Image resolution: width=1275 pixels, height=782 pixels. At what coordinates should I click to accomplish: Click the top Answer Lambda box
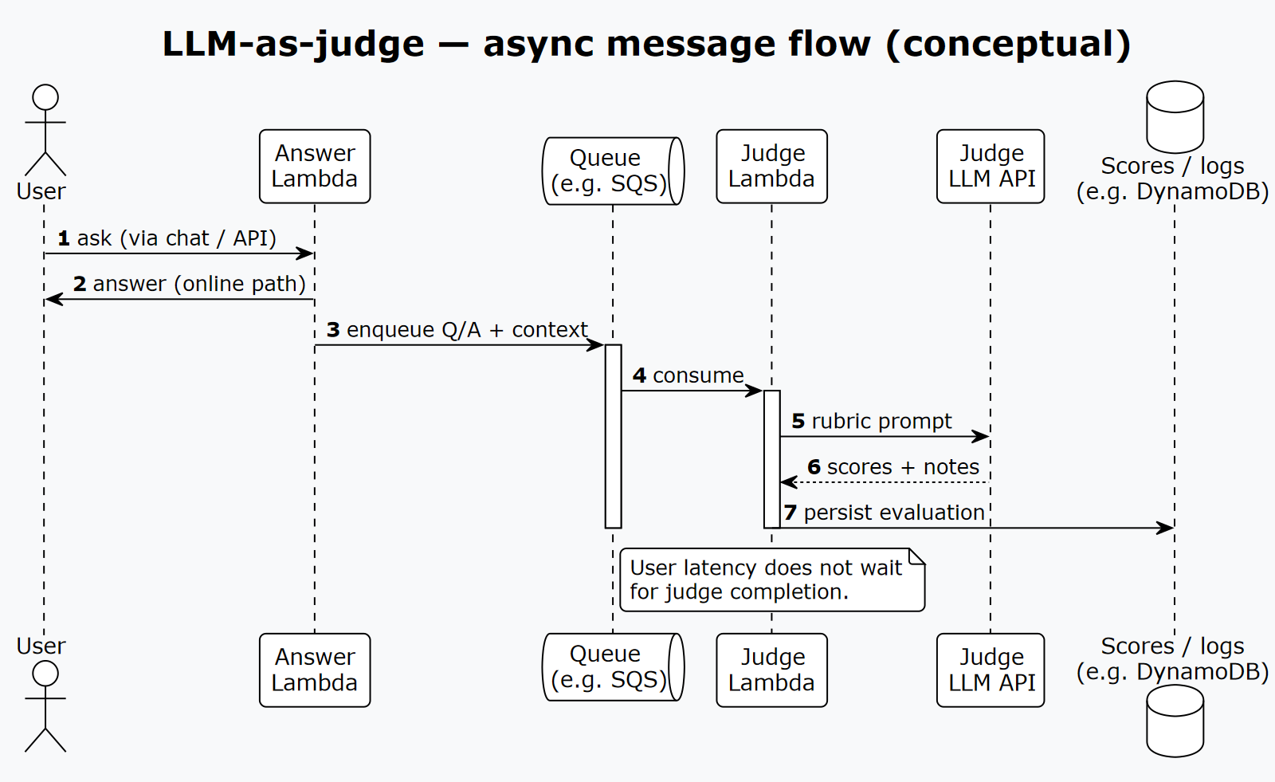pos(315,167)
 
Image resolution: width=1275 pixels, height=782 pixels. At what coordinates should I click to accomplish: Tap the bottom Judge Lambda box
pos(771,670)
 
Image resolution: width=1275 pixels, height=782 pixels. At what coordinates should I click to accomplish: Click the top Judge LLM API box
pos(991,167)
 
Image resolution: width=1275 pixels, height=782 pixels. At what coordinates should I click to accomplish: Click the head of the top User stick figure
pos(45,97)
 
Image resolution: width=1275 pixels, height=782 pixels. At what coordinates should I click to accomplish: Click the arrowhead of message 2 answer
pos(53,299)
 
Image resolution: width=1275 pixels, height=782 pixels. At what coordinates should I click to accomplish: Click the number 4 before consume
pos(639,375)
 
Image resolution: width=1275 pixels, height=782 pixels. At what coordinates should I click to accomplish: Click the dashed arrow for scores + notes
pos(885,482)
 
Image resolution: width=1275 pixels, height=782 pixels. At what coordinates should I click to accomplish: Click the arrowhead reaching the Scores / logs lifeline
pos(1166,528)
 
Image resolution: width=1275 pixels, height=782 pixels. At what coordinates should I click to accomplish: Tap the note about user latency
pos(771,580)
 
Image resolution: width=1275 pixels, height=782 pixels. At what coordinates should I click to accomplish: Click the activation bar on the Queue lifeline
pos(613,436)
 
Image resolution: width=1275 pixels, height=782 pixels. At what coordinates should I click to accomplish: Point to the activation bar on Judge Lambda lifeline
pos(771,458)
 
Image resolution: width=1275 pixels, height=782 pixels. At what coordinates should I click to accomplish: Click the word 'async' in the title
pos(533,44)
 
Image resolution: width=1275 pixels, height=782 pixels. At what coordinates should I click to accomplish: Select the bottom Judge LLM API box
pos(991,670)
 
